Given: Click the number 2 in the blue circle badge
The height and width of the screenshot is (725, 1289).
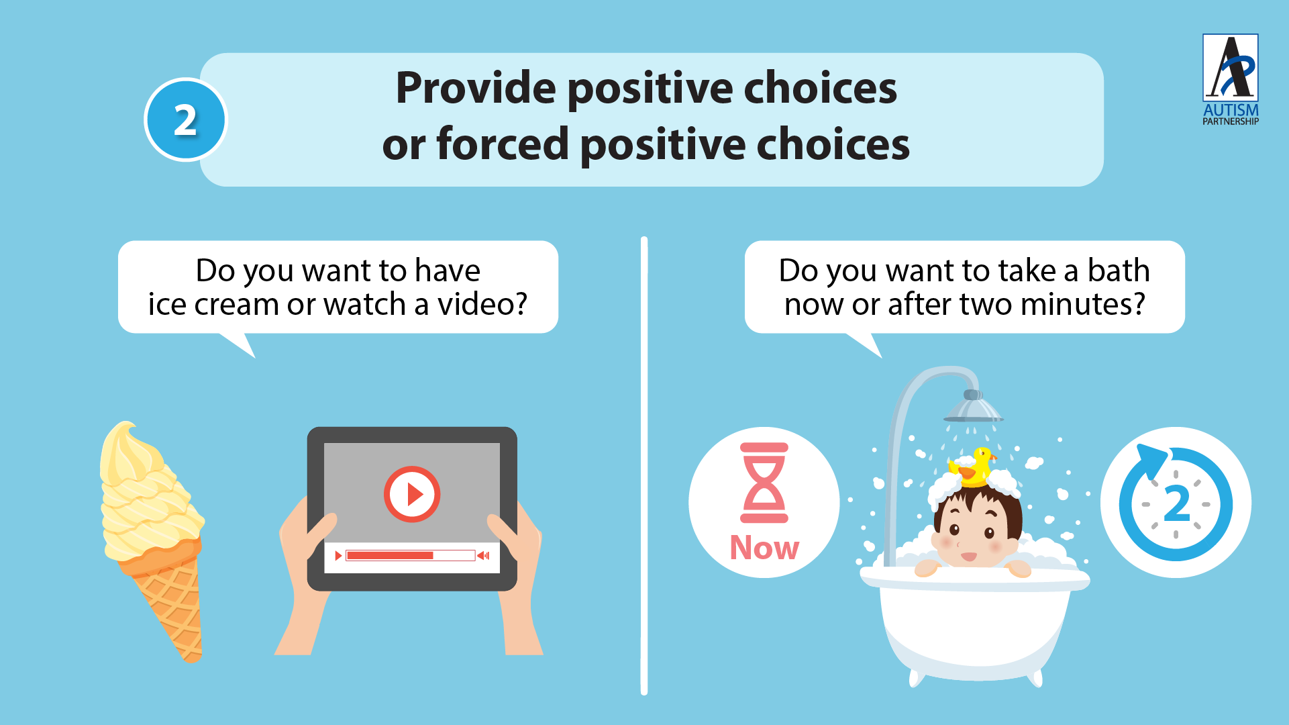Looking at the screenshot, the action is [x=186, y=120].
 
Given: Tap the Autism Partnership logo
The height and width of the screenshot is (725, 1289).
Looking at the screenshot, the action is [x=1230, y=79].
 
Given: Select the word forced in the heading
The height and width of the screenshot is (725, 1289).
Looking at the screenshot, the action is [x=503, y=144].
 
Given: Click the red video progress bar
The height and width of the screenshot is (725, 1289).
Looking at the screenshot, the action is [x=390, y=555].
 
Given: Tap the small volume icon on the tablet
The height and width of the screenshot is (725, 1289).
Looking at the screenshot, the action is [x=483, y=555].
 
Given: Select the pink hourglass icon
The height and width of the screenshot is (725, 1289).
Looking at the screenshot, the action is [x=764, y=483].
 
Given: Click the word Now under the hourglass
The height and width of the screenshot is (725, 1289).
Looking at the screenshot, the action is [x=764, y=548].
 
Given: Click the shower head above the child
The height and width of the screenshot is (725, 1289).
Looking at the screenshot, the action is [x=973, y=406].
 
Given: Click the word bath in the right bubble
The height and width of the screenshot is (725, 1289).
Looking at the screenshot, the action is [x=1119, y=271].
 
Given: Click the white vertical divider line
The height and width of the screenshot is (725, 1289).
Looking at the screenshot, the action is [x=644, y=466].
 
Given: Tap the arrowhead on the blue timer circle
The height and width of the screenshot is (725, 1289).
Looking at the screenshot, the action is [x=1153, y=461].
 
